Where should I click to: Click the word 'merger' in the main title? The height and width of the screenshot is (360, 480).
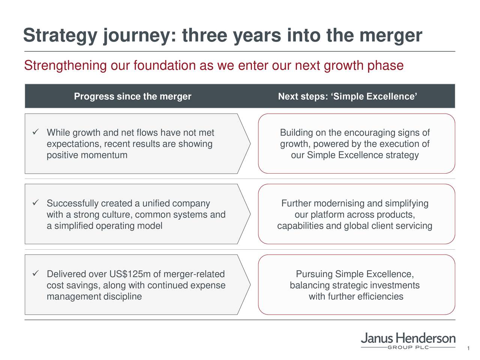[390, 36]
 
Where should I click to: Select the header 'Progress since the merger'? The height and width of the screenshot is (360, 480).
[132, 97]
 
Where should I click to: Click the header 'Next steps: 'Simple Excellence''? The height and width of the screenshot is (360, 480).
[347, 97]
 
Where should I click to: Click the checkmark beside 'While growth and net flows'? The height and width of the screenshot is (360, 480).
[36, 132]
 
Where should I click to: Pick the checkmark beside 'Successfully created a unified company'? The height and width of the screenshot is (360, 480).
[36, 203]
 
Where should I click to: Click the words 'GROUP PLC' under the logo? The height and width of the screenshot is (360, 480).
[408, 348]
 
